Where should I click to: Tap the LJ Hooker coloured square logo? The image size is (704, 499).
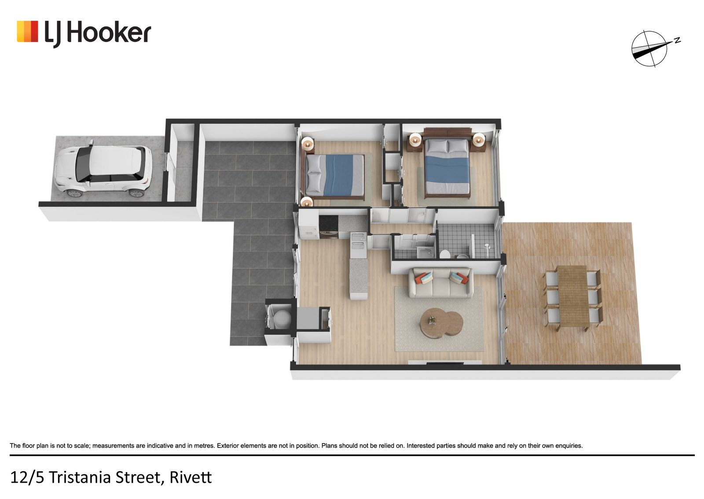[x=27, y=31]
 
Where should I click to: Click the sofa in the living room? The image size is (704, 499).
[x=440, y=283]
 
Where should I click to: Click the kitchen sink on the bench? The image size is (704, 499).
[x=358, y=242]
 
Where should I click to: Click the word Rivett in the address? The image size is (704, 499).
[x=191, y=477]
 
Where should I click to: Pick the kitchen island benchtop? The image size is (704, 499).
[x=359, y=277]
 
